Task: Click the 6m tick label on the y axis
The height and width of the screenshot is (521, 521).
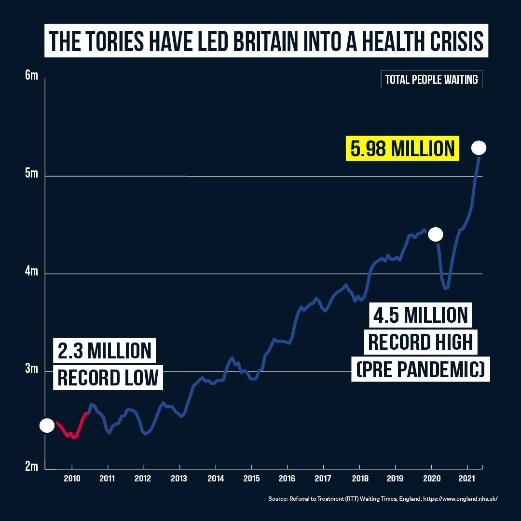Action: pyautogui.click(x=31, y=76)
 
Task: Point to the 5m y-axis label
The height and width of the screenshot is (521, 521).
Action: pyautogui.click(x=31, y=174)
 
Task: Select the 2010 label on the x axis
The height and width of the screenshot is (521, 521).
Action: pyautogui.click(x=72, y=480)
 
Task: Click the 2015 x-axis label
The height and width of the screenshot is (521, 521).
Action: pyautogui.click(x=251, y=480)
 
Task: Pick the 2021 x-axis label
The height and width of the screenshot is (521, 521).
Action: pyautogui.click(x=466, y=480)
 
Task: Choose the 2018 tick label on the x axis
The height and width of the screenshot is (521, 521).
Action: pyautogui.click(x=359, y=480)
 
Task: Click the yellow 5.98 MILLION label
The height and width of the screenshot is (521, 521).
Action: pyautogui.click(x=403, y=149)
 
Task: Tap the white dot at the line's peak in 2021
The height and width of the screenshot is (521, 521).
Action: pyautogui.click(x=479, y=148)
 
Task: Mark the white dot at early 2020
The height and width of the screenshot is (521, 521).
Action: pyautogui.click(x=435, y=234)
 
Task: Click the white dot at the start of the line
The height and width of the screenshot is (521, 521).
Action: pyautogui.click(x=47, y=425)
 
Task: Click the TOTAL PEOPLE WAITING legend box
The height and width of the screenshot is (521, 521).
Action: pyautogui.click(x=431, y=80)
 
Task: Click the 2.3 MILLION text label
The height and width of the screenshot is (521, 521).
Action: pyautogui.click(x=105, y=351)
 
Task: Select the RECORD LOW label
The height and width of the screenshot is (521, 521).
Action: pyautogui.click(x=108, y=377)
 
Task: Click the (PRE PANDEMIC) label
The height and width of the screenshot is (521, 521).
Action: pyautogui.click(x=420, y=370)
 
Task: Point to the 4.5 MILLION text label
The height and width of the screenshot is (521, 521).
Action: pyautogui.click(x=420, y=315)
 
